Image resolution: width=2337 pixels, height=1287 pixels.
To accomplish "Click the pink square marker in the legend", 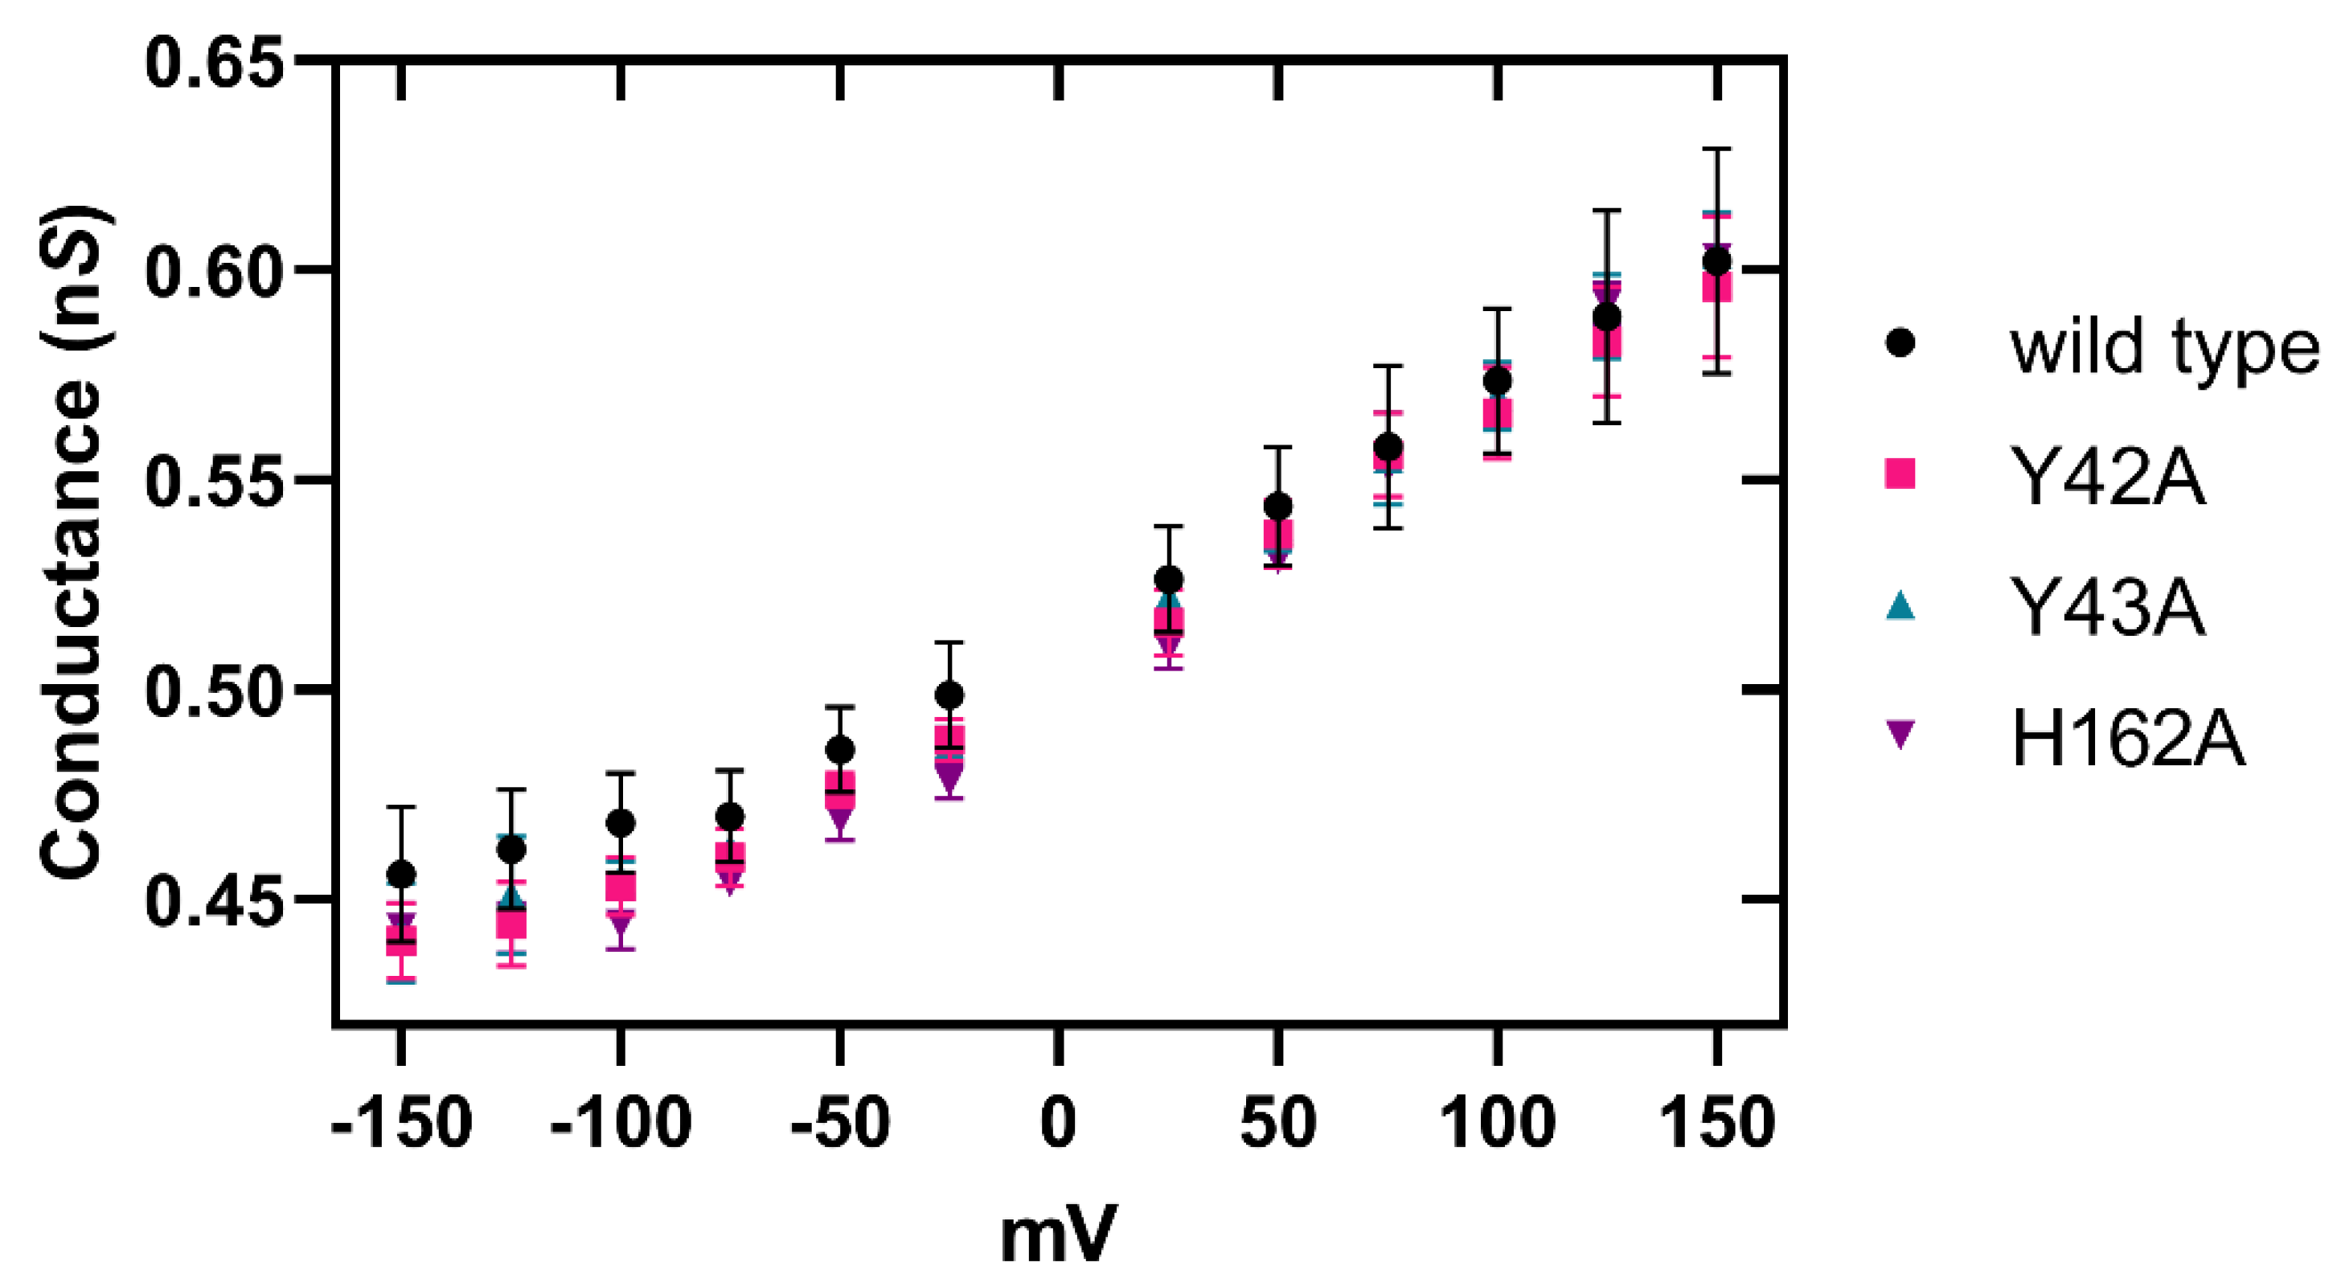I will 1900,473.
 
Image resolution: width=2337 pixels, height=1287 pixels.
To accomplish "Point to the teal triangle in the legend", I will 1900,606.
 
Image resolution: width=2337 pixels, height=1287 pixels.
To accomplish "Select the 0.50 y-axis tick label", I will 214,691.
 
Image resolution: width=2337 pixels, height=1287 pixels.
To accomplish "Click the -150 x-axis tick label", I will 401,1123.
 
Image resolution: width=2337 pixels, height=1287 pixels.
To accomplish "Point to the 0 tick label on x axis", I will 1058,1123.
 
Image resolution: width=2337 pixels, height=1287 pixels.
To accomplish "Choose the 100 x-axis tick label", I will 1498,1123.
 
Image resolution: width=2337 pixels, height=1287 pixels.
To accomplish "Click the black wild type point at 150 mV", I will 1716,262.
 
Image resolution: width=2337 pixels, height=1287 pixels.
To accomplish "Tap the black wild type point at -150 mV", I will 401,875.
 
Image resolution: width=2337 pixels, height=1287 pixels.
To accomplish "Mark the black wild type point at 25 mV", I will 1170,579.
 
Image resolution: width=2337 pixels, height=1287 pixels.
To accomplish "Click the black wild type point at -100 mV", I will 621,823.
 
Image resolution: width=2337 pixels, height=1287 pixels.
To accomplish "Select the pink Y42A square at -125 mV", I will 510,924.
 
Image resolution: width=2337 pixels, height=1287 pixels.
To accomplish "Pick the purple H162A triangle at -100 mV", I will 621,926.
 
